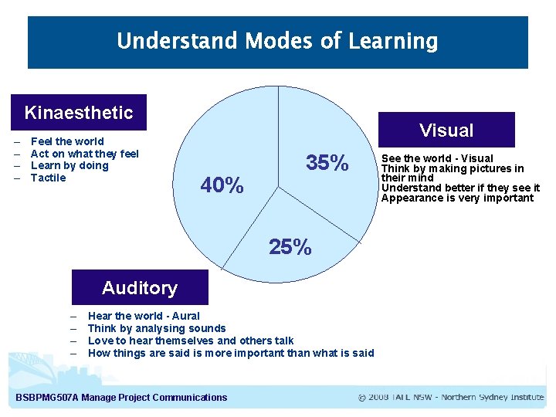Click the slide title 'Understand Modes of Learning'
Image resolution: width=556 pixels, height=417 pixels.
[x=277, y=41]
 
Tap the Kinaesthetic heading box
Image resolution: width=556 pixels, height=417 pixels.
[x=79, y=113]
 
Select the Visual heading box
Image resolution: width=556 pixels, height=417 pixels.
[x=446, y=131]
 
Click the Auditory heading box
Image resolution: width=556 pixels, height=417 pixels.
[x=140, y=288]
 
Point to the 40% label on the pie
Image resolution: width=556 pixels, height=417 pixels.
[x=222, y=186]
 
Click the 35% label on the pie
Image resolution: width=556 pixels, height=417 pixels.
[x=327, y=164]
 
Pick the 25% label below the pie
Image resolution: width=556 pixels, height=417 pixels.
[x=290, y=247]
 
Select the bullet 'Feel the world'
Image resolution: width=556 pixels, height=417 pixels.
[x=67, y=141]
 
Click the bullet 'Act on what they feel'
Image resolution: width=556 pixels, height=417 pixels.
[x=84, y=154]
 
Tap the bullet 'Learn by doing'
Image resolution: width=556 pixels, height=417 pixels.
[x=69, y=165]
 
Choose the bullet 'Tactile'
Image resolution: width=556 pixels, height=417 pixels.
[x=48, y=178]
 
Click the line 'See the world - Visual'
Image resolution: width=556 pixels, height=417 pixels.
[x=437, y=158]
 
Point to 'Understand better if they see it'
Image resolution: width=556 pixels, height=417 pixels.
[x=460, y=188]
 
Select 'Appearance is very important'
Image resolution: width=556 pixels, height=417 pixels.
[x=457, y=198]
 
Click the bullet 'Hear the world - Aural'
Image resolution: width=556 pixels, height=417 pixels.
[x=144, y=316]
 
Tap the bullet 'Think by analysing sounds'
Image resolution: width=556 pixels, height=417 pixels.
[x=157, y=328]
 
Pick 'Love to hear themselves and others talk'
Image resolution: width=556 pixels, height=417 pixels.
[x=191, y=341]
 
